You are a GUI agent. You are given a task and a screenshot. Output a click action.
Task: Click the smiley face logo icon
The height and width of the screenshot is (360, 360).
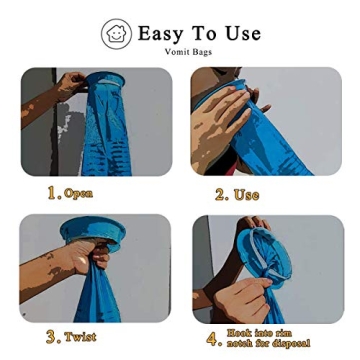pyautogui.click(x=116, y=33)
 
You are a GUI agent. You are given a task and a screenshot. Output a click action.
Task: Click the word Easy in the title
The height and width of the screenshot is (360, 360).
pyautogui.click(x=160, y=33)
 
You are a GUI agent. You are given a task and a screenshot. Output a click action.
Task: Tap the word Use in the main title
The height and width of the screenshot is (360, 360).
pyautogui.click(x=242, y=33)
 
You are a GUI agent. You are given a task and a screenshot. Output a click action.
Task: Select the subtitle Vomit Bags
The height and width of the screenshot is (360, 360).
pyautogui.click(x=188, y=52)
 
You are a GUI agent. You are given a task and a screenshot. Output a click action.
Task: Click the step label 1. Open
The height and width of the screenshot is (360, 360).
pyautogui.click(x=69, y=193)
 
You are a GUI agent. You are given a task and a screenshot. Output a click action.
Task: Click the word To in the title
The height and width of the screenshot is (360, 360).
pyautogui.click(x=207, y=33)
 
